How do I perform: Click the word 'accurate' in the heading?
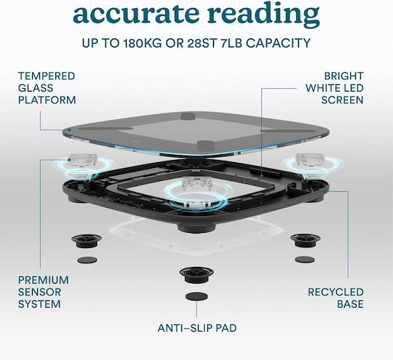coord(135,14)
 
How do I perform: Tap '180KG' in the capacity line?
coord(142,43)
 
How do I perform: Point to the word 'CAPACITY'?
coord(278,43)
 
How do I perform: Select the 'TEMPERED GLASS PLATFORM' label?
coord(47,88)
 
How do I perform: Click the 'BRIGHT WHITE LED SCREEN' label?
coord(334,88)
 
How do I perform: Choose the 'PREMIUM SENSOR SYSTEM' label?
coord(43,292)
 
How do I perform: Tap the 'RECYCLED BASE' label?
coord(336,298)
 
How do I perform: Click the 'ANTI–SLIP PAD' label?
coord(197,328)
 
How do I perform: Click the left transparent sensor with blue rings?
coord(83,164)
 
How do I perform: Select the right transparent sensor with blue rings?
coord(311,163)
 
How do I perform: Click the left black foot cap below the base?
coord(87,241)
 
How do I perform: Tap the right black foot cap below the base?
coord(305,240)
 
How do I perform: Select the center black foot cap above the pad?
coord(196,275)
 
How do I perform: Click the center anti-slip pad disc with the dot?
coord(196,297)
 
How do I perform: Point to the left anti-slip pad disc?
coord(87,260)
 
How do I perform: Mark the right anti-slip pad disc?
coord(305,260)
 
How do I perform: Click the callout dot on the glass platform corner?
coord(69,129)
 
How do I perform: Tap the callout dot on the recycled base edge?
coord(325,191)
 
